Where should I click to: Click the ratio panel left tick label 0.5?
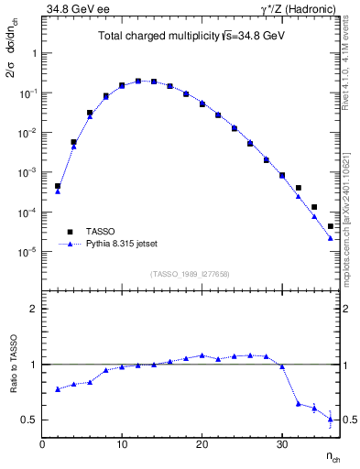pos(28,420)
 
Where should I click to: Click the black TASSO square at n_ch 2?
pos(58,186)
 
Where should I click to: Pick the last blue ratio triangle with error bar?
pos(330,419)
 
